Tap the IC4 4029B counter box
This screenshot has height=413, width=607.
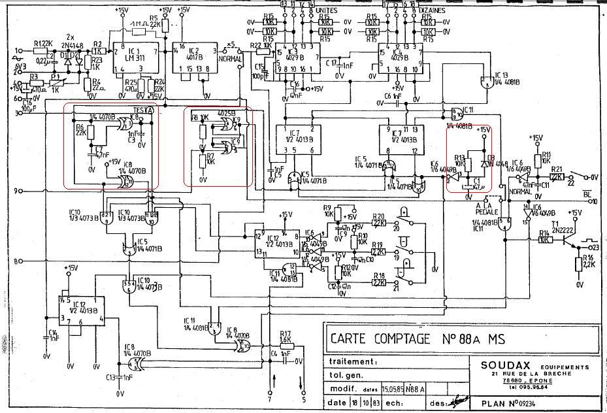(x=395, y=59)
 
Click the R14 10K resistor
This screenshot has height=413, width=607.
(x=544, y=240)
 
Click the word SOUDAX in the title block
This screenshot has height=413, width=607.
(x=508, y=367)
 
